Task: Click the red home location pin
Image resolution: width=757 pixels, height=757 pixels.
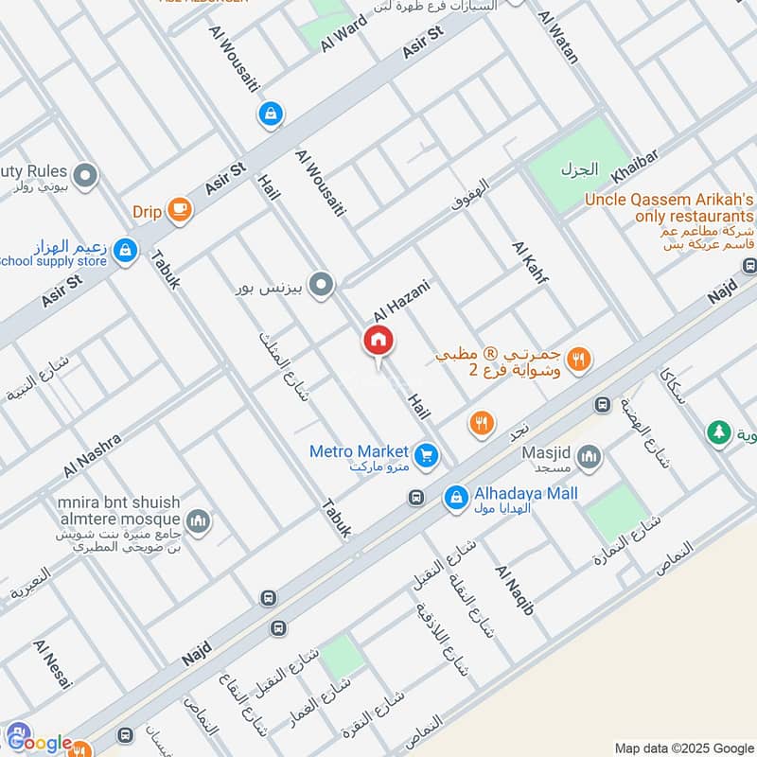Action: (378, 341)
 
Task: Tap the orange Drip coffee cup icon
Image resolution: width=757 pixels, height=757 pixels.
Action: (178, 211)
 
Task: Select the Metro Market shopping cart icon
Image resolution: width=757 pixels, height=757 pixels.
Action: (427, 455)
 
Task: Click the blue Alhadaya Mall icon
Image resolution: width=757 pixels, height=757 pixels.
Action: (457, 496)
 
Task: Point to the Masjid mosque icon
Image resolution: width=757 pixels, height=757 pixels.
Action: (590, 459)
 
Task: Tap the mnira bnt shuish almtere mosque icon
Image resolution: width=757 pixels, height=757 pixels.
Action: (199, 519)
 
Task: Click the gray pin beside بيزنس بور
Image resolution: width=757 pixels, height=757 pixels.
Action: (322, 285)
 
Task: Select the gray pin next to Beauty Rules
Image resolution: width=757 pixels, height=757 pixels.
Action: (86, 175)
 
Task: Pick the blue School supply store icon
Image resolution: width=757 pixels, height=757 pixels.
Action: (124, 251)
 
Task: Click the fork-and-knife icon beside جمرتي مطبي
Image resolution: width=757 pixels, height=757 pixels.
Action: (580, 359)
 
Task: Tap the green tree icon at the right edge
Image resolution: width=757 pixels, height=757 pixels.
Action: (719, 432)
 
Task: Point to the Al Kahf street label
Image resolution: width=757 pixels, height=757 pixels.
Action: (530, 269)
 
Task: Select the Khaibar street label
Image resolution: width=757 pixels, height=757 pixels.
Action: (634, 165)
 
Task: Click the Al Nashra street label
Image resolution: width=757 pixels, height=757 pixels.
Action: (93, 455)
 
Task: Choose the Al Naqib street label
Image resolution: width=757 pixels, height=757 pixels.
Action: (515, 590)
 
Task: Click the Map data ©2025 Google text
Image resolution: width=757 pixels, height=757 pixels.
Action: (681, 746)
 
